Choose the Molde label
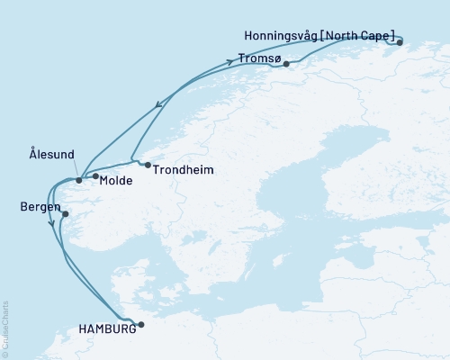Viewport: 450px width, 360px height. coord(117,181)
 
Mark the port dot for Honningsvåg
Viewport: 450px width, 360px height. coord(400,41)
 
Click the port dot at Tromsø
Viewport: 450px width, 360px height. coord(286,64)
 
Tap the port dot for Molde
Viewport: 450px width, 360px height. coord(94,176)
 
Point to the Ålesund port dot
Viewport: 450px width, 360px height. coord(79,180)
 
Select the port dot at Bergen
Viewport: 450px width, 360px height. coord(65,214)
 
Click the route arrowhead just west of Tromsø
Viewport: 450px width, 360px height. coord(241,60)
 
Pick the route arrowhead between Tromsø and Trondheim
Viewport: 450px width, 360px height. coord(160,104)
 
